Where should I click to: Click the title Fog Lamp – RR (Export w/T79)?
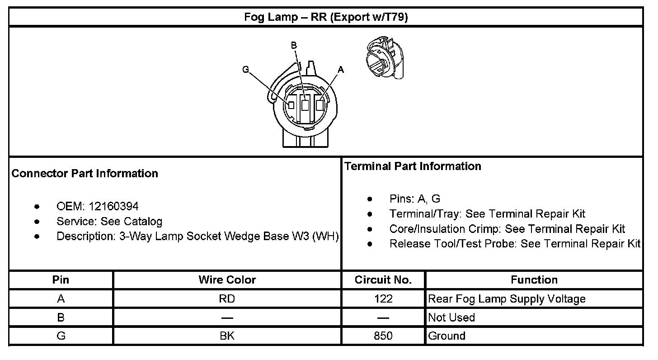point(326,17)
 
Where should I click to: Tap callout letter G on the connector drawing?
point(246,70)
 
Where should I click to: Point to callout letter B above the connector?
point(293,45)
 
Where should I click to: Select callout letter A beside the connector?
point(341,70)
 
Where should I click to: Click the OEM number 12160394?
point(113,207)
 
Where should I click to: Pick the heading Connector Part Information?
point(85,174)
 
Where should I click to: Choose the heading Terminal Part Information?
point(413,166)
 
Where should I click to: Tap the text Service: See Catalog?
point(109,222)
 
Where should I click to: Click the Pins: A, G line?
point(414,199)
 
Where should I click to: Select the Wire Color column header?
point(227,280)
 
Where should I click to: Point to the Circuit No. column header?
point(383,280)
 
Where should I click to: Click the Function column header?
point(534,280)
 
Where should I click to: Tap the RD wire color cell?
point(227,299)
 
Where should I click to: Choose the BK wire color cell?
point(227,336)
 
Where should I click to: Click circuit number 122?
point(383,299)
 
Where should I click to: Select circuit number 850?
point(383,336)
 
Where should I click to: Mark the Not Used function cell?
point(451,317)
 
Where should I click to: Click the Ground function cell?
point(446,336)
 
